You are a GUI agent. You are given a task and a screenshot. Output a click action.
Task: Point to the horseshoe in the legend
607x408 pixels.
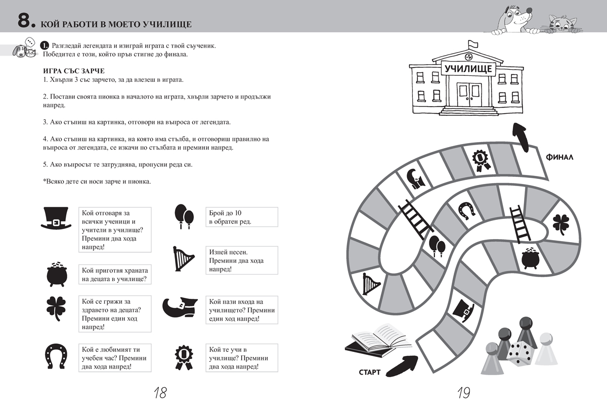tap(57, 355)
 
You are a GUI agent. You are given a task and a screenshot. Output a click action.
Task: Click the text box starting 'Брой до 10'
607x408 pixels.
tap(242, 217)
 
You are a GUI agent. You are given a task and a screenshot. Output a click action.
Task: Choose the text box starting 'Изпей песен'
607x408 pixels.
tap(242, 260)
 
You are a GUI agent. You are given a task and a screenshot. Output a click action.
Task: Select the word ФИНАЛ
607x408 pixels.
tap(559, 157)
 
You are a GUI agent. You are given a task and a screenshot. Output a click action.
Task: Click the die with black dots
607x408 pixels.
tap(519, 352)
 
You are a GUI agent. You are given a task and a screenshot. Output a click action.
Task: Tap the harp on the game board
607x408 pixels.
tap(372, 285)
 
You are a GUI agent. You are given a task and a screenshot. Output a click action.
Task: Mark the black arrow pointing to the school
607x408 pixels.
tap(522, 136)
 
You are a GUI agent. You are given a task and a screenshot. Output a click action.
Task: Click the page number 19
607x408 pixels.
tap(464, 393)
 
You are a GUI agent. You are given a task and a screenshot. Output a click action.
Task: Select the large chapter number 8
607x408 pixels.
tap(25, 21)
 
